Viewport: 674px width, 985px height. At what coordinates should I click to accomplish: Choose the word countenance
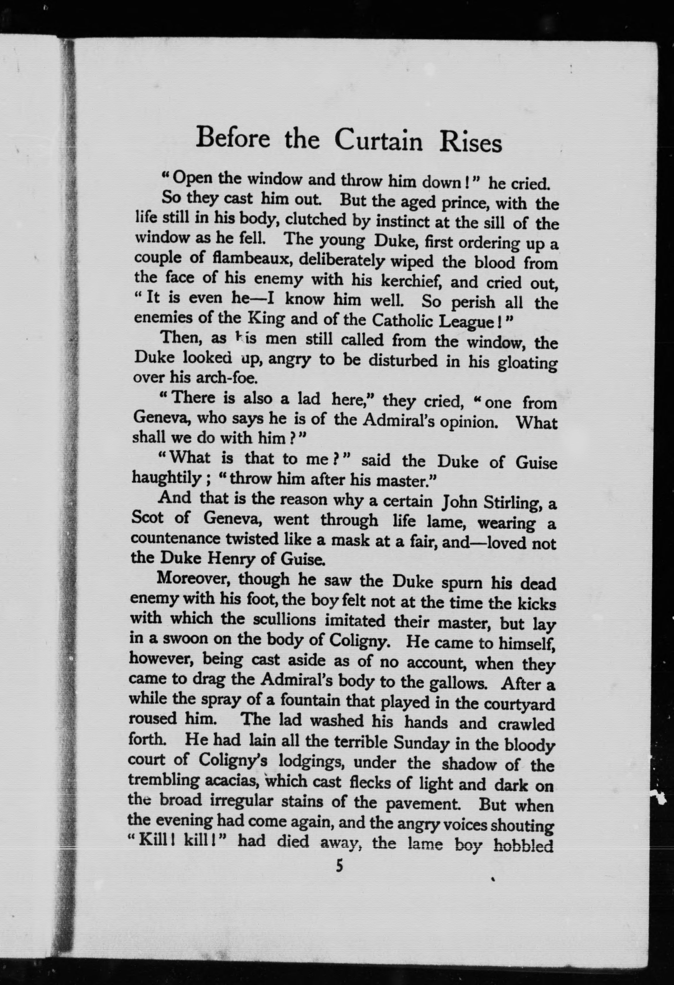click(175, 539)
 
